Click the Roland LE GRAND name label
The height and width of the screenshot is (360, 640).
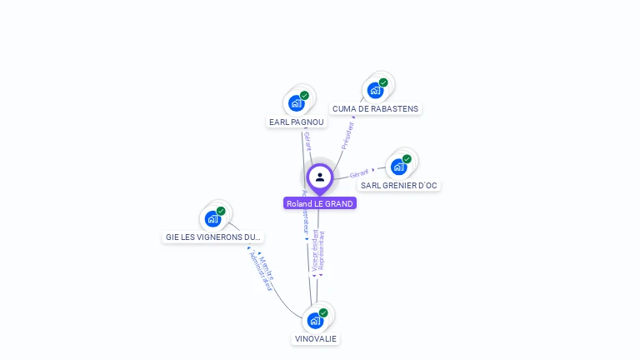click(320, 203)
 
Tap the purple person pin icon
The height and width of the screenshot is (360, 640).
click(320, 177)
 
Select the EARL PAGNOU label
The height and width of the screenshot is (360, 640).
click(297, 122)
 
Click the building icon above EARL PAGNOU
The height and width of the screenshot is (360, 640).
click(296, 103)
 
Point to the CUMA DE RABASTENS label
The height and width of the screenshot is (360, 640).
click(375, 108)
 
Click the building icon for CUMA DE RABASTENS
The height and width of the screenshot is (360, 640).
click(375, 90)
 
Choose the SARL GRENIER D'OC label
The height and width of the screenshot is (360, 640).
click(399, 185)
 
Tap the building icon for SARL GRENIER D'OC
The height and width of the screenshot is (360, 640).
click(398, 167)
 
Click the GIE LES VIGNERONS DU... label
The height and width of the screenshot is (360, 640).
click(213, 237)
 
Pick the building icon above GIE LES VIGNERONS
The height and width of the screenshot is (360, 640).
click(212, 218)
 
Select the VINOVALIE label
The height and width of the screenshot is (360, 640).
click(316, 338)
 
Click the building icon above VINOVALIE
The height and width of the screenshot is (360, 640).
click(315, 321)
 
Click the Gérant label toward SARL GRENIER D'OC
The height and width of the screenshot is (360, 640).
click(359, 173)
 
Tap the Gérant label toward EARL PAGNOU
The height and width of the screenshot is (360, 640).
click(307, 140)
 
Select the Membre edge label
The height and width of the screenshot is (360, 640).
click(266, 267)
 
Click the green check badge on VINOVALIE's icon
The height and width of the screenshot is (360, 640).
click(323, 313)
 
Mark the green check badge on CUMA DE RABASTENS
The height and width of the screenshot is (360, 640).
click(383, 82)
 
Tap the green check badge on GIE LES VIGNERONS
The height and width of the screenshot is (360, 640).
click(221, 211)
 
